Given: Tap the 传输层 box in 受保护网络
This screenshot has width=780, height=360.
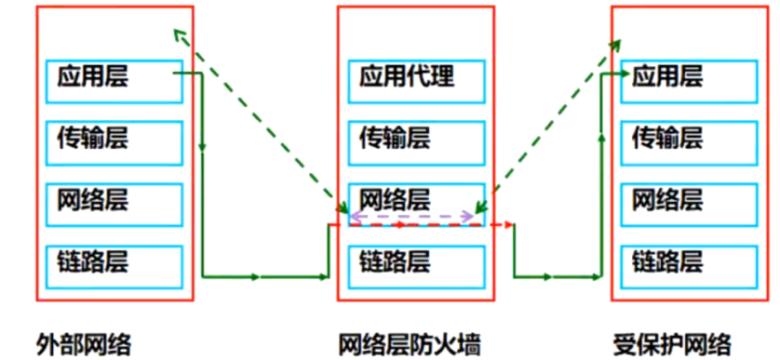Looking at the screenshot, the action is coord(689,140).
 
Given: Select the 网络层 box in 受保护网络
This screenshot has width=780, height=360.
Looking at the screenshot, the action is coord(689,202).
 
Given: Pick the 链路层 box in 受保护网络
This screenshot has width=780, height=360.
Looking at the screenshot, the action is coord(689,263).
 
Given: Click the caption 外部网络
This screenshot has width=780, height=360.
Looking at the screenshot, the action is coord(84,343).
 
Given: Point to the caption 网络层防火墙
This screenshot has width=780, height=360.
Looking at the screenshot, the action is coord(410,343).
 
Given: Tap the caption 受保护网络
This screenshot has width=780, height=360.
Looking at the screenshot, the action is coord(672,343).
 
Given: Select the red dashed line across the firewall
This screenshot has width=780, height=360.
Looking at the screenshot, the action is coord(503,224).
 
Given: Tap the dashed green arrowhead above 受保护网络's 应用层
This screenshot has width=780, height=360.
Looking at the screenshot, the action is coord(615,43).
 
